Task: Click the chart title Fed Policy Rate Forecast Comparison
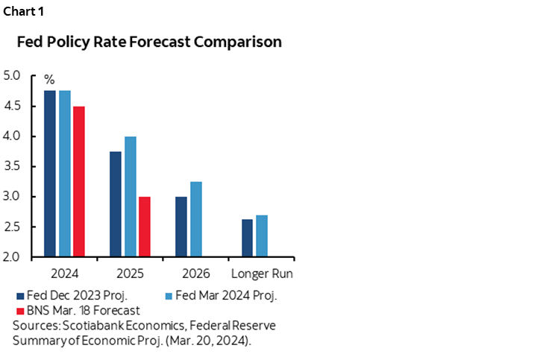tap(149, 42)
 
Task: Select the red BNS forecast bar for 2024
tap(79, 182)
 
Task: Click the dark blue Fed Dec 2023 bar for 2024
tap(50, 174)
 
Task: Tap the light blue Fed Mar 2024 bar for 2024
tap(65, 174)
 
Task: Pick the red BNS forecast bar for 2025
tap(145, 227)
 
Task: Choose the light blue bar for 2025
tap(131, 197)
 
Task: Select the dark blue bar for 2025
tap(116, 204)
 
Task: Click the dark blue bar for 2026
tap(181, 227)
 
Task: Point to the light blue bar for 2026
tap(196, 219)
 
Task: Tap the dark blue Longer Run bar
tap(247, 238)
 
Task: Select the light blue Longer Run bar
tap(262, 236)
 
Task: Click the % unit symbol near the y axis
tap(50, 78)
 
